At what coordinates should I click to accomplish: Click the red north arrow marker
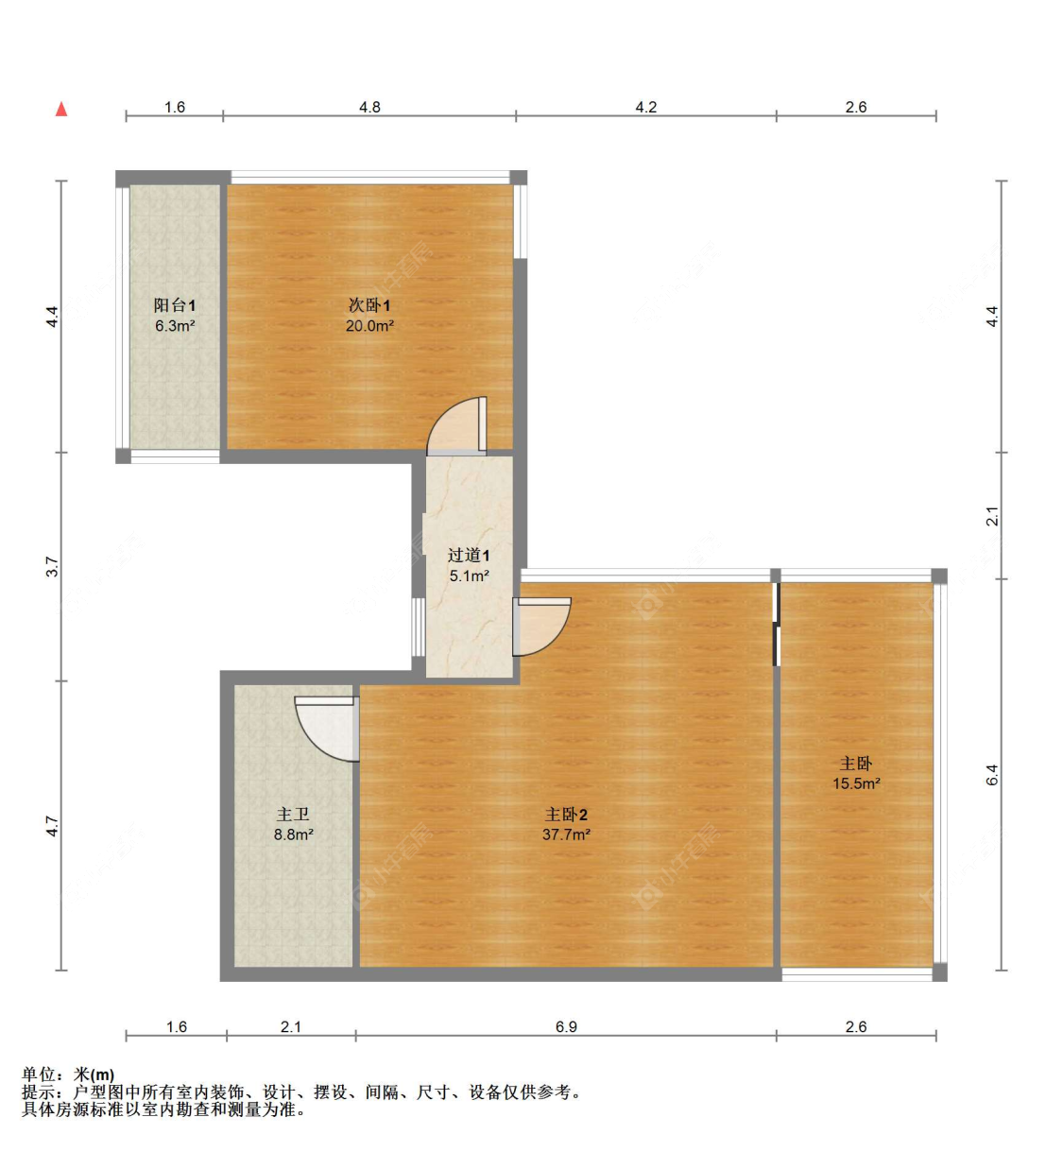point(60,109)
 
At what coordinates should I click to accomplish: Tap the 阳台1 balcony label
point(174,305)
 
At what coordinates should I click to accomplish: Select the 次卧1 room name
point(369,304)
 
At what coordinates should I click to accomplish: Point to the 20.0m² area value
point(369,325)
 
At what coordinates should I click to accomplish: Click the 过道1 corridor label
point(469,555)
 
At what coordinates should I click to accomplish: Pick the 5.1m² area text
point(469,576)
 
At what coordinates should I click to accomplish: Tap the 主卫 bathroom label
point(292,815)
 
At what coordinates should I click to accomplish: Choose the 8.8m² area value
point(294,834)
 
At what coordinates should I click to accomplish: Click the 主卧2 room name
point(566,815)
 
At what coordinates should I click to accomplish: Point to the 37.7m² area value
point(566,834)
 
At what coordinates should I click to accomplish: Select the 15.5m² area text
point(856,783)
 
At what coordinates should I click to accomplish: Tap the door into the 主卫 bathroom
point(327,728)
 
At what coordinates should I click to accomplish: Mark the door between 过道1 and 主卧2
point(541,627)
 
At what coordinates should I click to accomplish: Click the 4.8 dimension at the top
point(369,108)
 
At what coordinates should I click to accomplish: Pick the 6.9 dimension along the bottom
point(566,1026)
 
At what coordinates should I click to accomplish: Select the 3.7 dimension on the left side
point(52,567)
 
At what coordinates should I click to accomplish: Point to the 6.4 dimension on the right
point(992,774)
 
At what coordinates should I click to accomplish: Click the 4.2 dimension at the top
point(645,108)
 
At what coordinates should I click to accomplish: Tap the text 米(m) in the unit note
point(94,1075)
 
